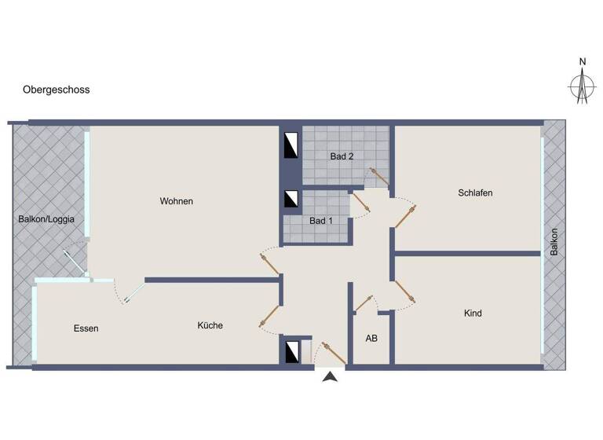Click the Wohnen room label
click(x=176, y=201)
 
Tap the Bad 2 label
click(x=342, y=156)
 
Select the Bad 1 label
click(x=321, y=221)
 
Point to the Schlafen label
click(x=475, y=192)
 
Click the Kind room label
click(x=473, y=313)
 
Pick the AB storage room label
click(x=371, y=339)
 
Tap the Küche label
click(x=210, y=325)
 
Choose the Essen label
click(x=86, y=328)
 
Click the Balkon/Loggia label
click(x=46, y=219)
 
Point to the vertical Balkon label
click(x=554, y=241)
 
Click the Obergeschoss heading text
click(x=57, y=90)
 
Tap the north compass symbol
click(x=582, y=87)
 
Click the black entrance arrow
click(x=331, y=377)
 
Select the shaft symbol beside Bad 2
click(x=291, y=145)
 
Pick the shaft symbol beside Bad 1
click(x=291, y=200)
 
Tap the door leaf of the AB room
click(x=364, y=302)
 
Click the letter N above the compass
click(x=582, y=62)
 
